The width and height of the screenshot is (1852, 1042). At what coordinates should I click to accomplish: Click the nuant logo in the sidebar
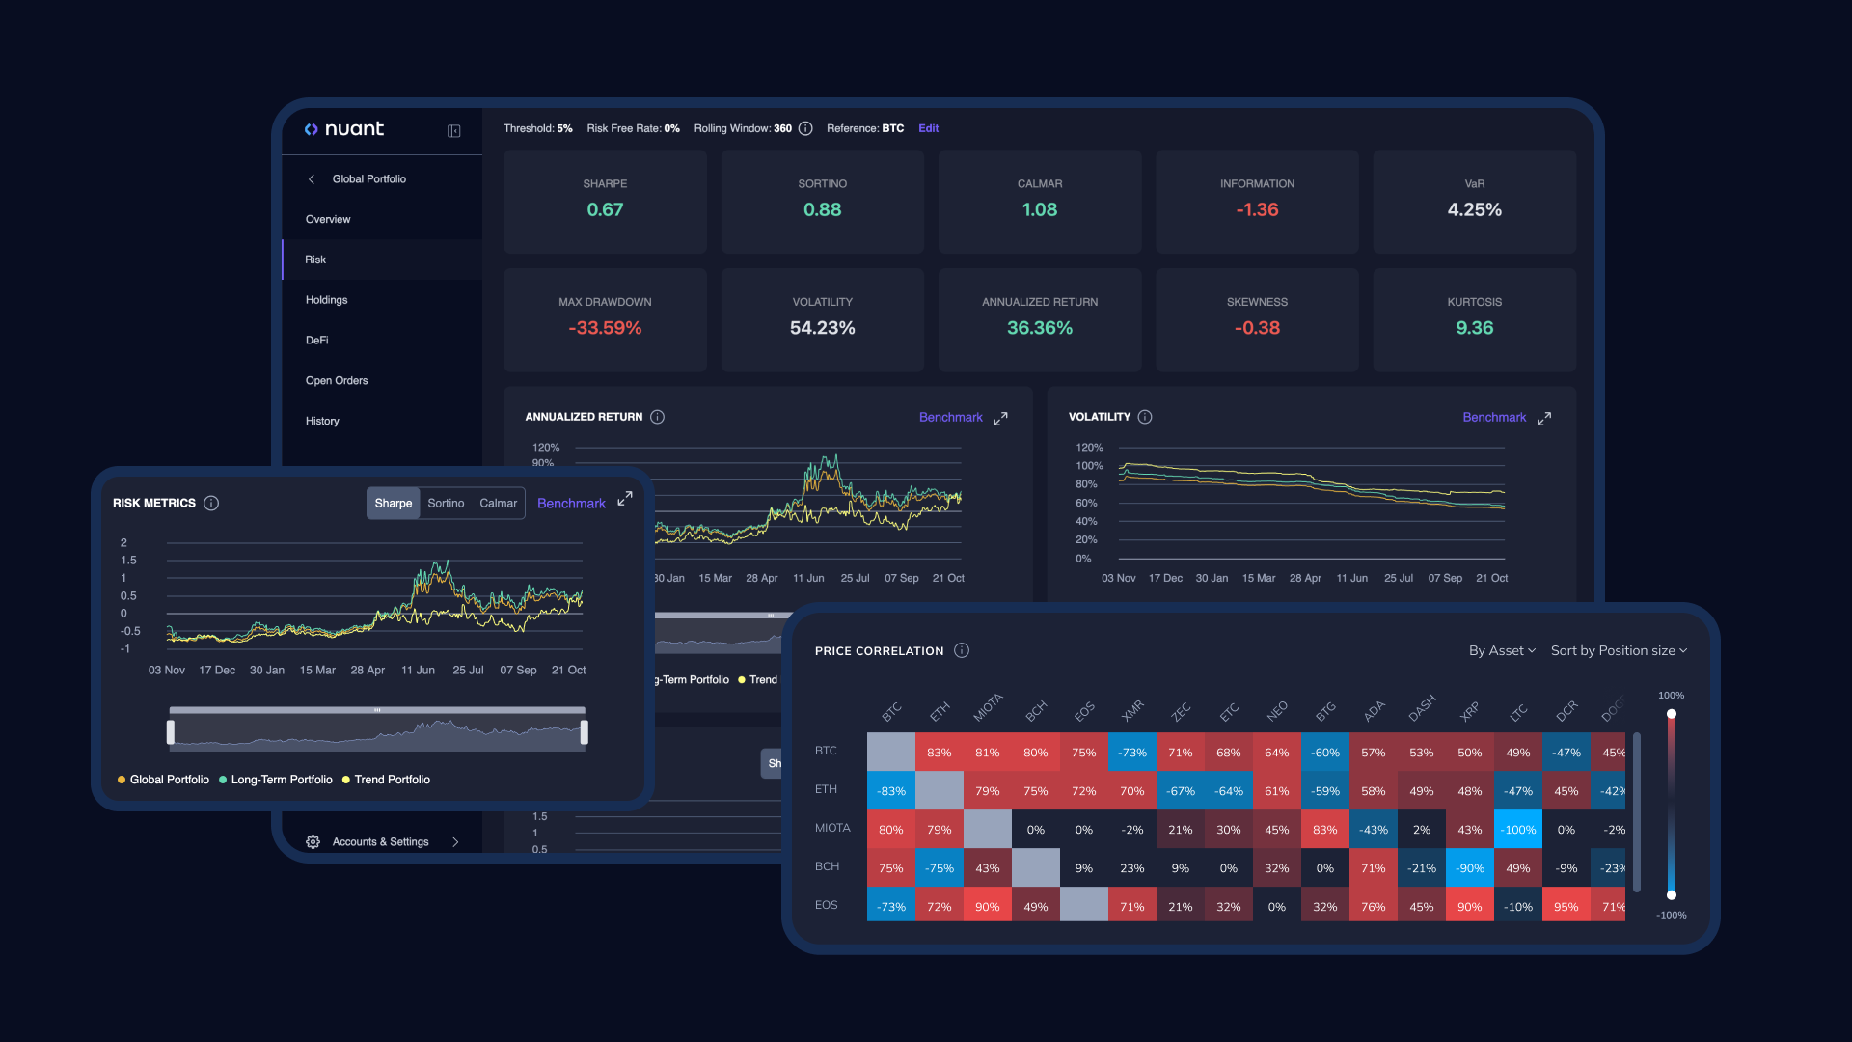tap(344, 129)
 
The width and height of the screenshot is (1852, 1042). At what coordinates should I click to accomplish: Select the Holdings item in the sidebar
tap(326, 300)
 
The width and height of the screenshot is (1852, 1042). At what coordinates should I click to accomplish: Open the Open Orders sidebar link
tap(336, 381)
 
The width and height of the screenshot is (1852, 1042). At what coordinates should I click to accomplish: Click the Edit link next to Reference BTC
tap(928, 128)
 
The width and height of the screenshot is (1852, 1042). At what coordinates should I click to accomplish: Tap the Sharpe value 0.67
tap(605, 209)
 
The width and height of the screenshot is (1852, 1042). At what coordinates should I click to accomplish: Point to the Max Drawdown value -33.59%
tap(605, 328)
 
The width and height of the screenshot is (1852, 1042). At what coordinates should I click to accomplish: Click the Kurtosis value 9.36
tap(1474, 328)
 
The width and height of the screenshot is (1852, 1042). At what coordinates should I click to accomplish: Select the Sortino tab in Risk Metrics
tap(446, 504)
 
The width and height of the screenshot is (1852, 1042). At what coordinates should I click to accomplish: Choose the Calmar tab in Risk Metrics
tap(498, 504)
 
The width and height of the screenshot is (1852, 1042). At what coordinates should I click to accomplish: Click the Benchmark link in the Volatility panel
tap(1493, 418)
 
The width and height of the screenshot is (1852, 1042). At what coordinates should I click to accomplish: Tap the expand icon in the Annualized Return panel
tap(1000, 419)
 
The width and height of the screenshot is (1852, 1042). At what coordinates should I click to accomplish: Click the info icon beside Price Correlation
tap(962, 651)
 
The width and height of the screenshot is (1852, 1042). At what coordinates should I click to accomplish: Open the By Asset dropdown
tap(1502, 651)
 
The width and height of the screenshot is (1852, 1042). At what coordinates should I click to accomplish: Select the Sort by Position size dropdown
tap(1619, 651)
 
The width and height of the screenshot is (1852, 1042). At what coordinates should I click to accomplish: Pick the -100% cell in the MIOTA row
tap(1517, 830)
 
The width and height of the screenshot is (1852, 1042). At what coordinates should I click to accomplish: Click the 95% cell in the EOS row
tap(1566, 907)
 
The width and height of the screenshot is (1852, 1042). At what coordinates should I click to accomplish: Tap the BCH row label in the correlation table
tap(827, 866)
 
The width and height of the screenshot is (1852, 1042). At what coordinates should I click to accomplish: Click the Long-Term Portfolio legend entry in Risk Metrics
tap(281, 780)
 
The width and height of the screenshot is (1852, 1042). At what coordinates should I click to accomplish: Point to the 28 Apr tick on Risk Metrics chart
tap(368, 671)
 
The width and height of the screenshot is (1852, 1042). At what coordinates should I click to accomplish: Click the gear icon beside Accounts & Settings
tap(313, 842)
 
